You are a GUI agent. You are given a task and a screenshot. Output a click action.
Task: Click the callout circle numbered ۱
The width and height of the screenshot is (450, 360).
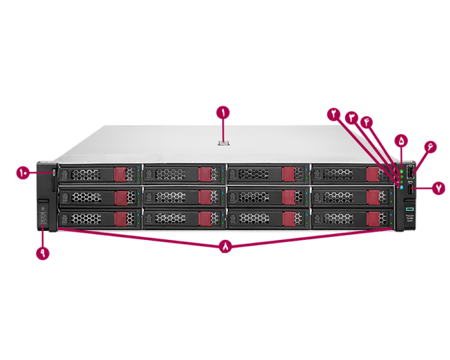pos(223,113)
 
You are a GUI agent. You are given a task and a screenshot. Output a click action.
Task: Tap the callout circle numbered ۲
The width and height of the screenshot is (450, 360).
pos(333,114)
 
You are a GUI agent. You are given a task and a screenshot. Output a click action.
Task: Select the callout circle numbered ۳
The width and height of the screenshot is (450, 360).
pos(350,118)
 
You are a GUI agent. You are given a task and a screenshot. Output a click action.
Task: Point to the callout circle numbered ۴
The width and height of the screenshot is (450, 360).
pos(367,122)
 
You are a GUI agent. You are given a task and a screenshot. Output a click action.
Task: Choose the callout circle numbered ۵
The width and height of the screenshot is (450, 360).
pos(402,140)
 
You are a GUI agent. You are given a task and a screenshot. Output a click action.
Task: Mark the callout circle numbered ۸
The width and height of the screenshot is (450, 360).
pos(225,247)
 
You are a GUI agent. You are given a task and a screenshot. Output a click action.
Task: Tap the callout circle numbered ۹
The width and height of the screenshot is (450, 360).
pos(43,253)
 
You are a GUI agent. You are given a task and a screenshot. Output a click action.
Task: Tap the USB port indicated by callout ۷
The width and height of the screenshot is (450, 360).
pos(411,190)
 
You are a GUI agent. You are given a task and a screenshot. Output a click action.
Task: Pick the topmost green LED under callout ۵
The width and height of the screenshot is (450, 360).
pos(402,169)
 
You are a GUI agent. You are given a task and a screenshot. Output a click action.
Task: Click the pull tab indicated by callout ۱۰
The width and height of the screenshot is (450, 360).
pos(54,173)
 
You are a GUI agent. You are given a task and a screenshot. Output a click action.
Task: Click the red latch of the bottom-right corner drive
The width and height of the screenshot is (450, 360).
pos(372,218)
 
